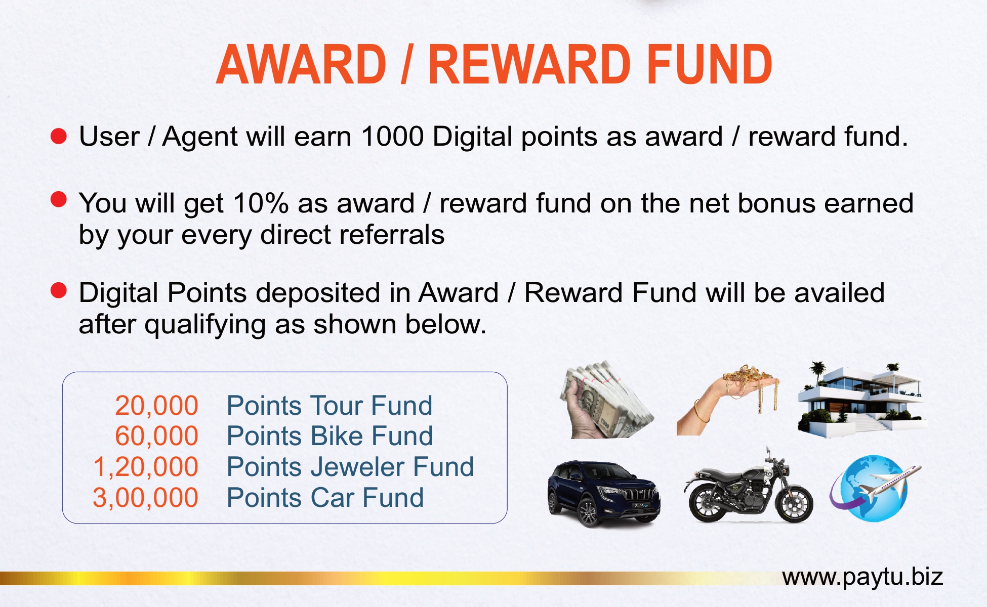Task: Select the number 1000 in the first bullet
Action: [x=392, y=136]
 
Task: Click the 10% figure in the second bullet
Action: [x=261, y=203]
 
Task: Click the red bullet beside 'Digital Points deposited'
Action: [x=59, y=291]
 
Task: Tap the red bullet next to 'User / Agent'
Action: [x=59, y=136]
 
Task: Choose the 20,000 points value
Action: [x=156, y=406]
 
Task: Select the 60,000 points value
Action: [x=156, y=436]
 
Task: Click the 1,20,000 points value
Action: [x=146, y=467]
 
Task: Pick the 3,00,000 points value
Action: [x=145, y=498]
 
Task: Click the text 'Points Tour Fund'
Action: [x=330, y=406]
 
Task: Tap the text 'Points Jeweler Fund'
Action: [x=350, y=467]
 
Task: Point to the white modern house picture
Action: [x=862, y=400]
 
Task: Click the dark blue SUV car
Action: [x=604, y=494]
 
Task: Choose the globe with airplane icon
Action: [x=875, y=488]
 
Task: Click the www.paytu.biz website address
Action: [x=862, y=577]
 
